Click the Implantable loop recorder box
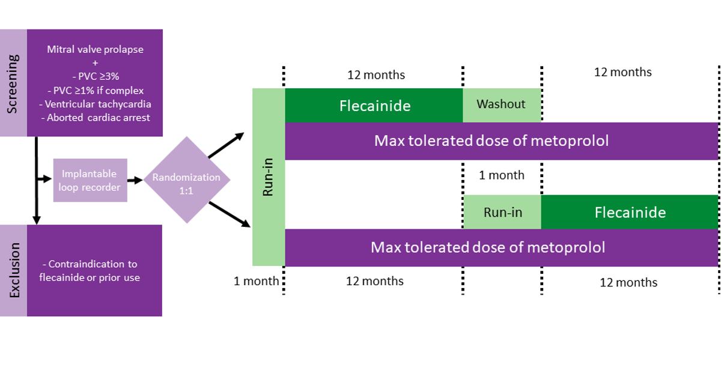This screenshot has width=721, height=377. [x=90, y=180]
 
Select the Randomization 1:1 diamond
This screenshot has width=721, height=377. [x=187, y=180]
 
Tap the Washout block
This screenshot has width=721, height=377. [x=502, y=105]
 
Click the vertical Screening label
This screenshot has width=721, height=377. [x=13, y=83]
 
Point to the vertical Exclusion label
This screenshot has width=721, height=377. [x=13, y=271]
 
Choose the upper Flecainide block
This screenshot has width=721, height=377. [x=374, y=105]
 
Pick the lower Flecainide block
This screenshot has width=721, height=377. [x=630, y=212]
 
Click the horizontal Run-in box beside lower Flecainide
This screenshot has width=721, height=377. [x=502, y=212]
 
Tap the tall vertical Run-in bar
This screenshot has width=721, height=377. [x=269, y=177]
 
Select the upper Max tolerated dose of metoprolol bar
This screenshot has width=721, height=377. [x=502, y=141]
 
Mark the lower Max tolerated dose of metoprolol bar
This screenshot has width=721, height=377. [x=502, y=247]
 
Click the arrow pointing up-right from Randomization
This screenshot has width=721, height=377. [x=227, y=145]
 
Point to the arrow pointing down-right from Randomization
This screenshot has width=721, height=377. [x=230, y=214]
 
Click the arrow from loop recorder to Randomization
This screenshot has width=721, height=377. [x=135, y=180]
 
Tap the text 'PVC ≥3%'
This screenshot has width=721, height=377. [x=96, y=77]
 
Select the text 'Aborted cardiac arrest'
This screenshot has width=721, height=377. [x=96, y=118]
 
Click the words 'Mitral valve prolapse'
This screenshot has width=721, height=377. [x=96, y=50]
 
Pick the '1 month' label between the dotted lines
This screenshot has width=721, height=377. [x=502, y=175]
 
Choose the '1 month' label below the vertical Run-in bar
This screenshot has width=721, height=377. [x=256, y=281]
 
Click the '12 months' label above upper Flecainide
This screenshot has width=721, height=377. [x=376, y=75]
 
